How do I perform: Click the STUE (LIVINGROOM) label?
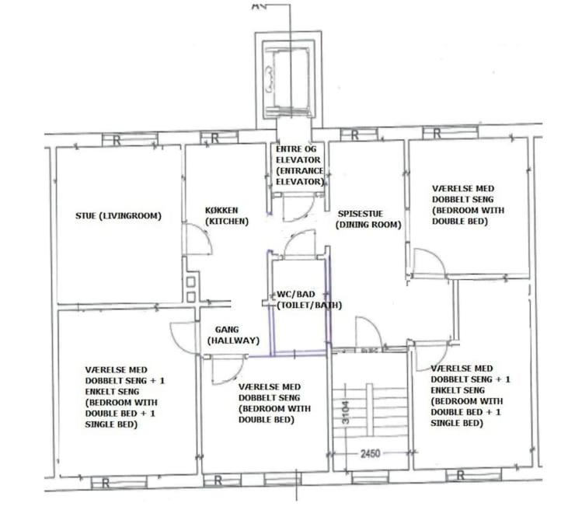click(118, 216)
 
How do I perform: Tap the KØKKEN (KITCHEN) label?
click(226, 215)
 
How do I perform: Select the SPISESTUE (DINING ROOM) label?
click(368, 219)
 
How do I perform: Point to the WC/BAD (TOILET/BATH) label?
click(309, 299)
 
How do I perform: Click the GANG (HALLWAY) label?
click(233, 335)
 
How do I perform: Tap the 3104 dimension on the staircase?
click(346, 412)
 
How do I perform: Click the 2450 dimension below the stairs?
click(371, 454)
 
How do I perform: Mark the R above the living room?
click(117, 141)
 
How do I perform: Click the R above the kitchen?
click(214, 138)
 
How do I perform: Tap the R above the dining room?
click(354, 135)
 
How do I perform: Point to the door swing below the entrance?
click(298, 208)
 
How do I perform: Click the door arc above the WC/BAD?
click(298, 243)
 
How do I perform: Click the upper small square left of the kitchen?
click(190, 281)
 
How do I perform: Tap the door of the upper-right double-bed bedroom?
click(429, 264)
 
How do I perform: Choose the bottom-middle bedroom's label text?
click(274, 403)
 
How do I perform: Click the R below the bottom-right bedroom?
click(461, 475)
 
